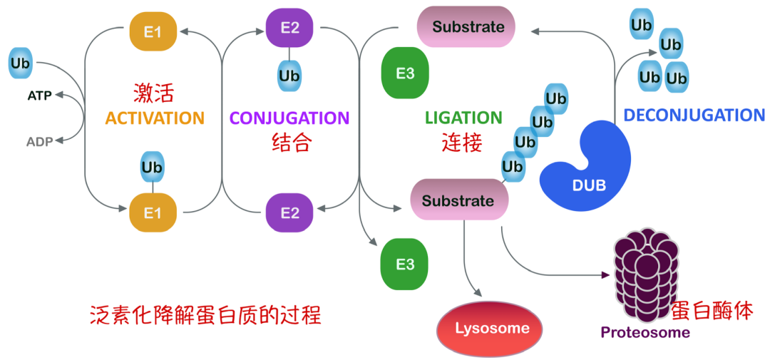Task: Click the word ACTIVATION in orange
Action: [x=155, y=118]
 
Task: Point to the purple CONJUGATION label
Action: [x=289, y=118]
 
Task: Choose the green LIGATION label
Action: [x=463, y=118]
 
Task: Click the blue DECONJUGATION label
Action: [x=694, y=115]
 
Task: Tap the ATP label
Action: [x=39, y=96]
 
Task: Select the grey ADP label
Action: [x=39, y=142]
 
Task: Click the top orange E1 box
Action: [x=153, y=32]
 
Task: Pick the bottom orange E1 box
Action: [x=153, y=212]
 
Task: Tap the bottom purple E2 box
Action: [x=289, y=212]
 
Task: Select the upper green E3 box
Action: [x=404, y=73]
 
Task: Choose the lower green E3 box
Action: [x=404, y=264]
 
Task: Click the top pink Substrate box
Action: [x=466, y=27]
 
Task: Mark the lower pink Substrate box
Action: [x=458, y=200]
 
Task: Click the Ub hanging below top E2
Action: [x=289, y=76]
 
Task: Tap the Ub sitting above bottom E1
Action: [x=152, y=168]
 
